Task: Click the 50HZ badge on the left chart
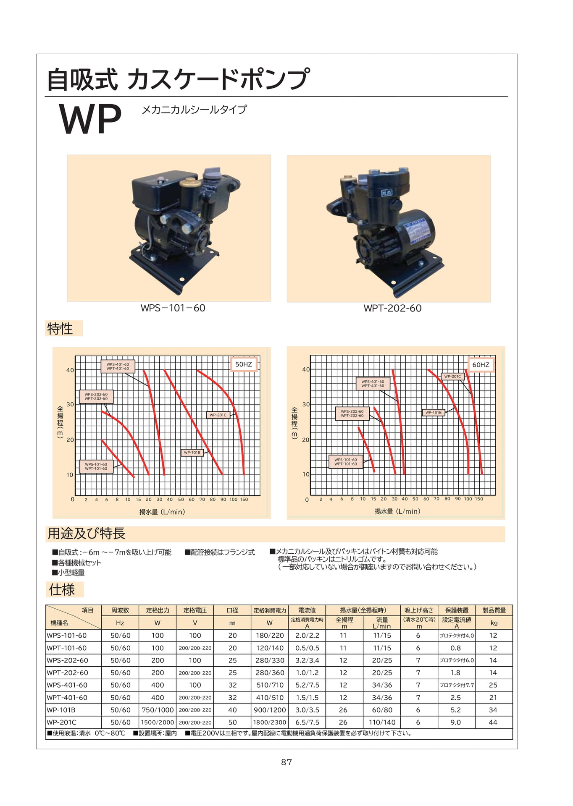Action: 244,364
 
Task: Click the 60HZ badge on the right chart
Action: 481,364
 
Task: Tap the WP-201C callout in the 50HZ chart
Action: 218,415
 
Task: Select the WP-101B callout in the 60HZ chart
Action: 434,412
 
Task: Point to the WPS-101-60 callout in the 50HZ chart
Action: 96,466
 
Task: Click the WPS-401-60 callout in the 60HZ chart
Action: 373,383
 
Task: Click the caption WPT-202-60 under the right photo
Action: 392,308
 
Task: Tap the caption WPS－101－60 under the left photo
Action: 173,308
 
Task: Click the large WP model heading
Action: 90,119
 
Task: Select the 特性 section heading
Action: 60,328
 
